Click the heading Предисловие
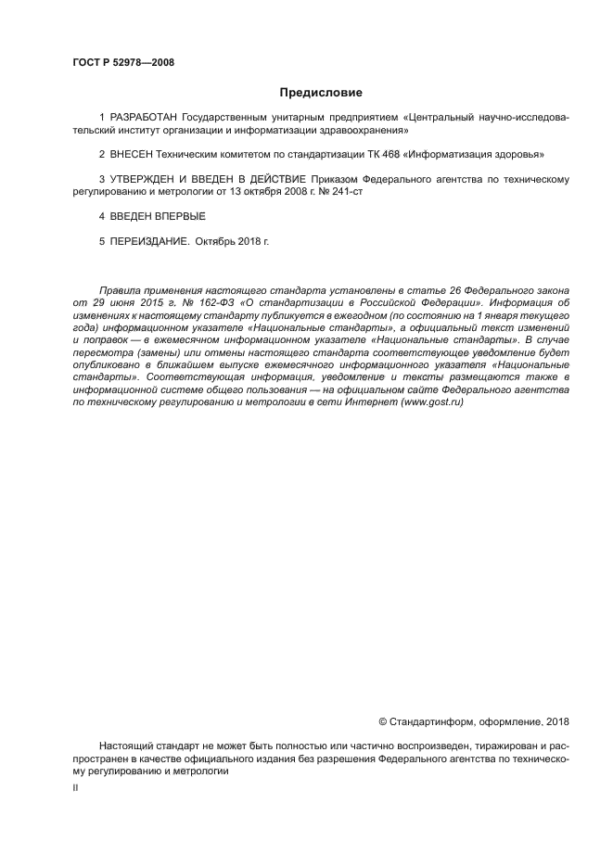tap(321, 92)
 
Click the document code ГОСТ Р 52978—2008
tap(123, 63)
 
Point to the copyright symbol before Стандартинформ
tap(384, 721)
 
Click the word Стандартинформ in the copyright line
tap(429, 721)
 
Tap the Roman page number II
tap(75, 786)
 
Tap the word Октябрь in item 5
tap(217, 240)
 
